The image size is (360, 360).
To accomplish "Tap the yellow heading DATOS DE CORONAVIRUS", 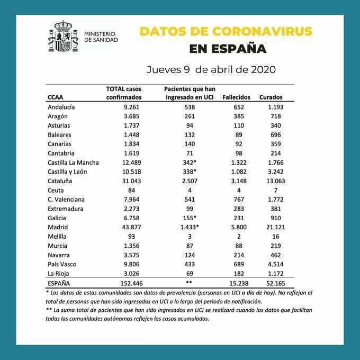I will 226,31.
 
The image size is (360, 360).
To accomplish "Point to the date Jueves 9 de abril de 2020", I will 211,69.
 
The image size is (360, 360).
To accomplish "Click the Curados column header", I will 271,97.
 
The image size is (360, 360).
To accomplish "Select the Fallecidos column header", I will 236,97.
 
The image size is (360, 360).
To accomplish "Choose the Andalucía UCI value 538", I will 189,107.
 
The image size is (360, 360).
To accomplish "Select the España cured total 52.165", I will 271,284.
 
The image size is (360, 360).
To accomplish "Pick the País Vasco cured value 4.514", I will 271,265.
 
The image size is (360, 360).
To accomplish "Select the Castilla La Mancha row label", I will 73,163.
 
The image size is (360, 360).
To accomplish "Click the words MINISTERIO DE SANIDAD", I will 101,36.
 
